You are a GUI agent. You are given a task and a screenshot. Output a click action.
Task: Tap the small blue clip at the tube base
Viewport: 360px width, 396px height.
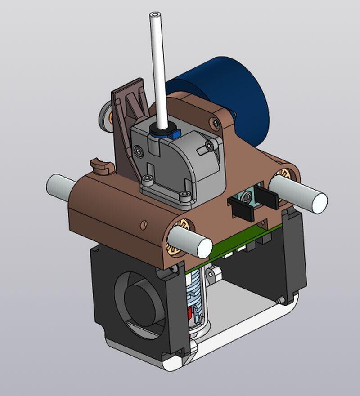coord(175,133)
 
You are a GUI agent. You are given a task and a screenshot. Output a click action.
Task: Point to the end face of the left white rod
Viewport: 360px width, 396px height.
coord(53,185)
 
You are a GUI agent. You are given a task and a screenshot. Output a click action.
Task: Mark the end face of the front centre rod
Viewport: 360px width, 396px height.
coord(204,248)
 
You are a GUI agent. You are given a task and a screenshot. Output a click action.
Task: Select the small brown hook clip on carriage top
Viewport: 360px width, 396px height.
coord(101,165)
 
